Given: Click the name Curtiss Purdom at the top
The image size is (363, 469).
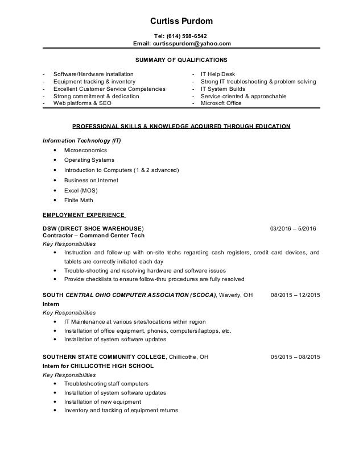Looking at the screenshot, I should click(x=181, y=22).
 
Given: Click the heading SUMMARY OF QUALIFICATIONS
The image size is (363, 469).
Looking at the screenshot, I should click(x=181, y=60).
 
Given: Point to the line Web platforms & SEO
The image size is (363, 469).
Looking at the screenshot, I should click(x=82, y=103).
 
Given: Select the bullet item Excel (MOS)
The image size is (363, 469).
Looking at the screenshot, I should click(x=80, y=190).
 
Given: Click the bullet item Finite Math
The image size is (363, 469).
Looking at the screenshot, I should click(x=78, y=200).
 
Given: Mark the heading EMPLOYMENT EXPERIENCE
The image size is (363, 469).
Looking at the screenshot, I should click(x=84, y=215).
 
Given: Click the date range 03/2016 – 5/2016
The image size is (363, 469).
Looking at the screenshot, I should click(x=294, y=228).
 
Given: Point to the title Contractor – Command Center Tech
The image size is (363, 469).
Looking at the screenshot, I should click(x=94, y=235).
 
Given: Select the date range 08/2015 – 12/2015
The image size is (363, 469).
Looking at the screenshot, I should click(x=295, y=295).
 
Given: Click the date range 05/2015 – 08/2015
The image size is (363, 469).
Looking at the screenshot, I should click(x=295, y=357).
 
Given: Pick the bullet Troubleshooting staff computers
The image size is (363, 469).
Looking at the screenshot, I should click(x=106, y=383).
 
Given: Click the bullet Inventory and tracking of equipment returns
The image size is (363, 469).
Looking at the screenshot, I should click(x=121, y=410).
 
